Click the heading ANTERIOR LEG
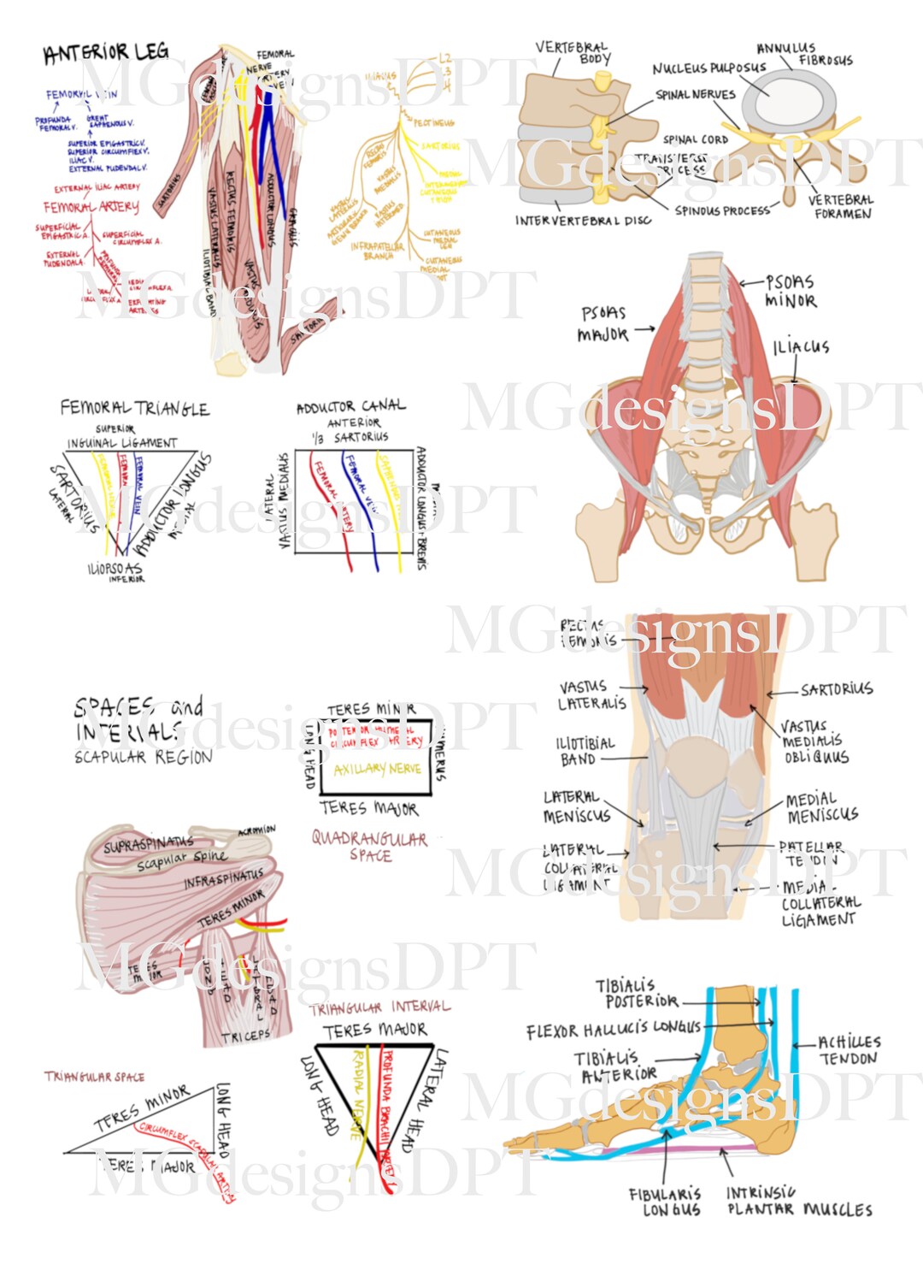(x=106, y=53)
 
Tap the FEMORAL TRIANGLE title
(x=134, y=408)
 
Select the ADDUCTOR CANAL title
(x=351, y=406)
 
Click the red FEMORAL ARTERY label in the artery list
(x=91, y=207)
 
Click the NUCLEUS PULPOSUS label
(x=708, y=68)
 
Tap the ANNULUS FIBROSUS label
(x=803, y=54)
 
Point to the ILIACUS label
(x=801, y=346)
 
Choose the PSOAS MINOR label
(x=790, y=291)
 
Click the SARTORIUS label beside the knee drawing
(x=836, y=689)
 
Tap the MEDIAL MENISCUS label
(x=821, y=807)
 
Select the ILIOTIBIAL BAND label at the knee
(x=585, y=751)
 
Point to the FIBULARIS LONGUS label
(x=664, y=1202)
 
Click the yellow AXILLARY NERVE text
(x=377, y=769)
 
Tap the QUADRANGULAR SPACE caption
(x=369, y=846)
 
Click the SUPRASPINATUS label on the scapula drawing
(x=148, y=845)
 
